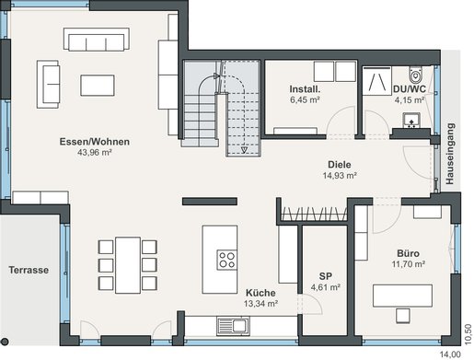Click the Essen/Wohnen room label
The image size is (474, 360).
click(x=95, y=142)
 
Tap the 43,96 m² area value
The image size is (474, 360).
click(x=95, y=152)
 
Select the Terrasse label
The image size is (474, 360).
click(x=29, y=270)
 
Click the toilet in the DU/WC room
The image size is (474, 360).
click(x=416, y=75)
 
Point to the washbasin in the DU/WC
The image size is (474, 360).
click(x=411, y=121)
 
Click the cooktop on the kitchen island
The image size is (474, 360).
click(x=227, y=260)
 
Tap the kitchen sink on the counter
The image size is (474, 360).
click(x=233, y=326)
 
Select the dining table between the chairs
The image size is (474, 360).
click(x=128, y=265)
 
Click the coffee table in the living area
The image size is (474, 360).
click(x=98, y=86)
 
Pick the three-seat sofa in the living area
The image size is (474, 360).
click(x=97, y=40)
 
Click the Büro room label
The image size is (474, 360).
click(x=408, y=253)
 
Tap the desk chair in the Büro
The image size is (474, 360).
click(x=402, y=316)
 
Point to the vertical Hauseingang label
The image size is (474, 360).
click(x=450, y=154)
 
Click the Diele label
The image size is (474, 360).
click(x=340, y=165)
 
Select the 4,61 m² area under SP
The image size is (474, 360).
click(x=326, y=287)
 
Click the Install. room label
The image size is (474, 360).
click(x=305, y=89)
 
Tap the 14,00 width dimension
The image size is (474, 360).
click(x=450, y=354)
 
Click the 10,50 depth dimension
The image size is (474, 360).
click(x=468, y=334)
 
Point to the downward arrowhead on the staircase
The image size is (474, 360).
click(x=244, y=150)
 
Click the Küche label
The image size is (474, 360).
click(x=260, y=293)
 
